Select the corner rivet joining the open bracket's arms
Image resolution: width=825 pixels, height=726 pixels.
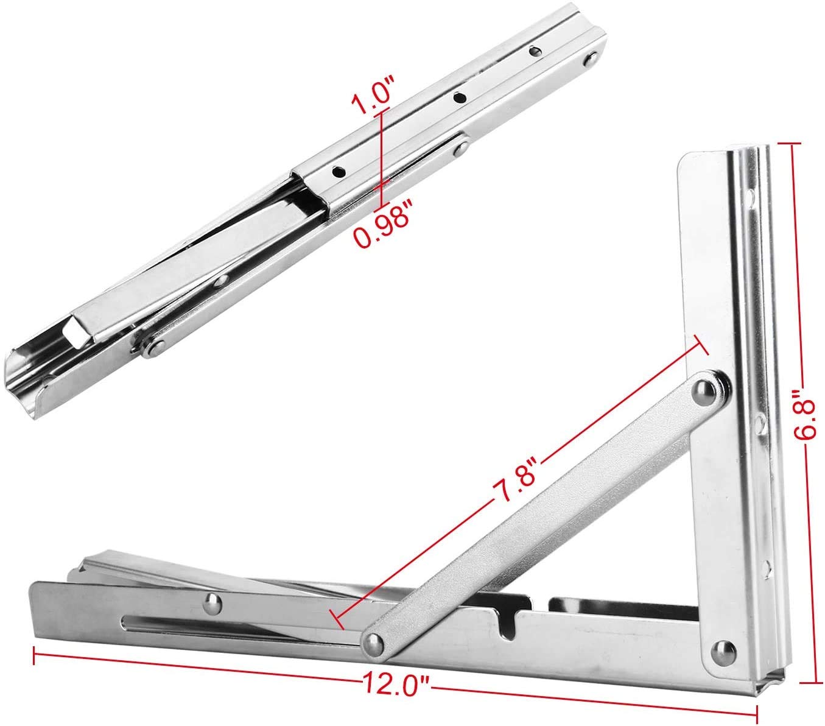pos(725,654)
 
